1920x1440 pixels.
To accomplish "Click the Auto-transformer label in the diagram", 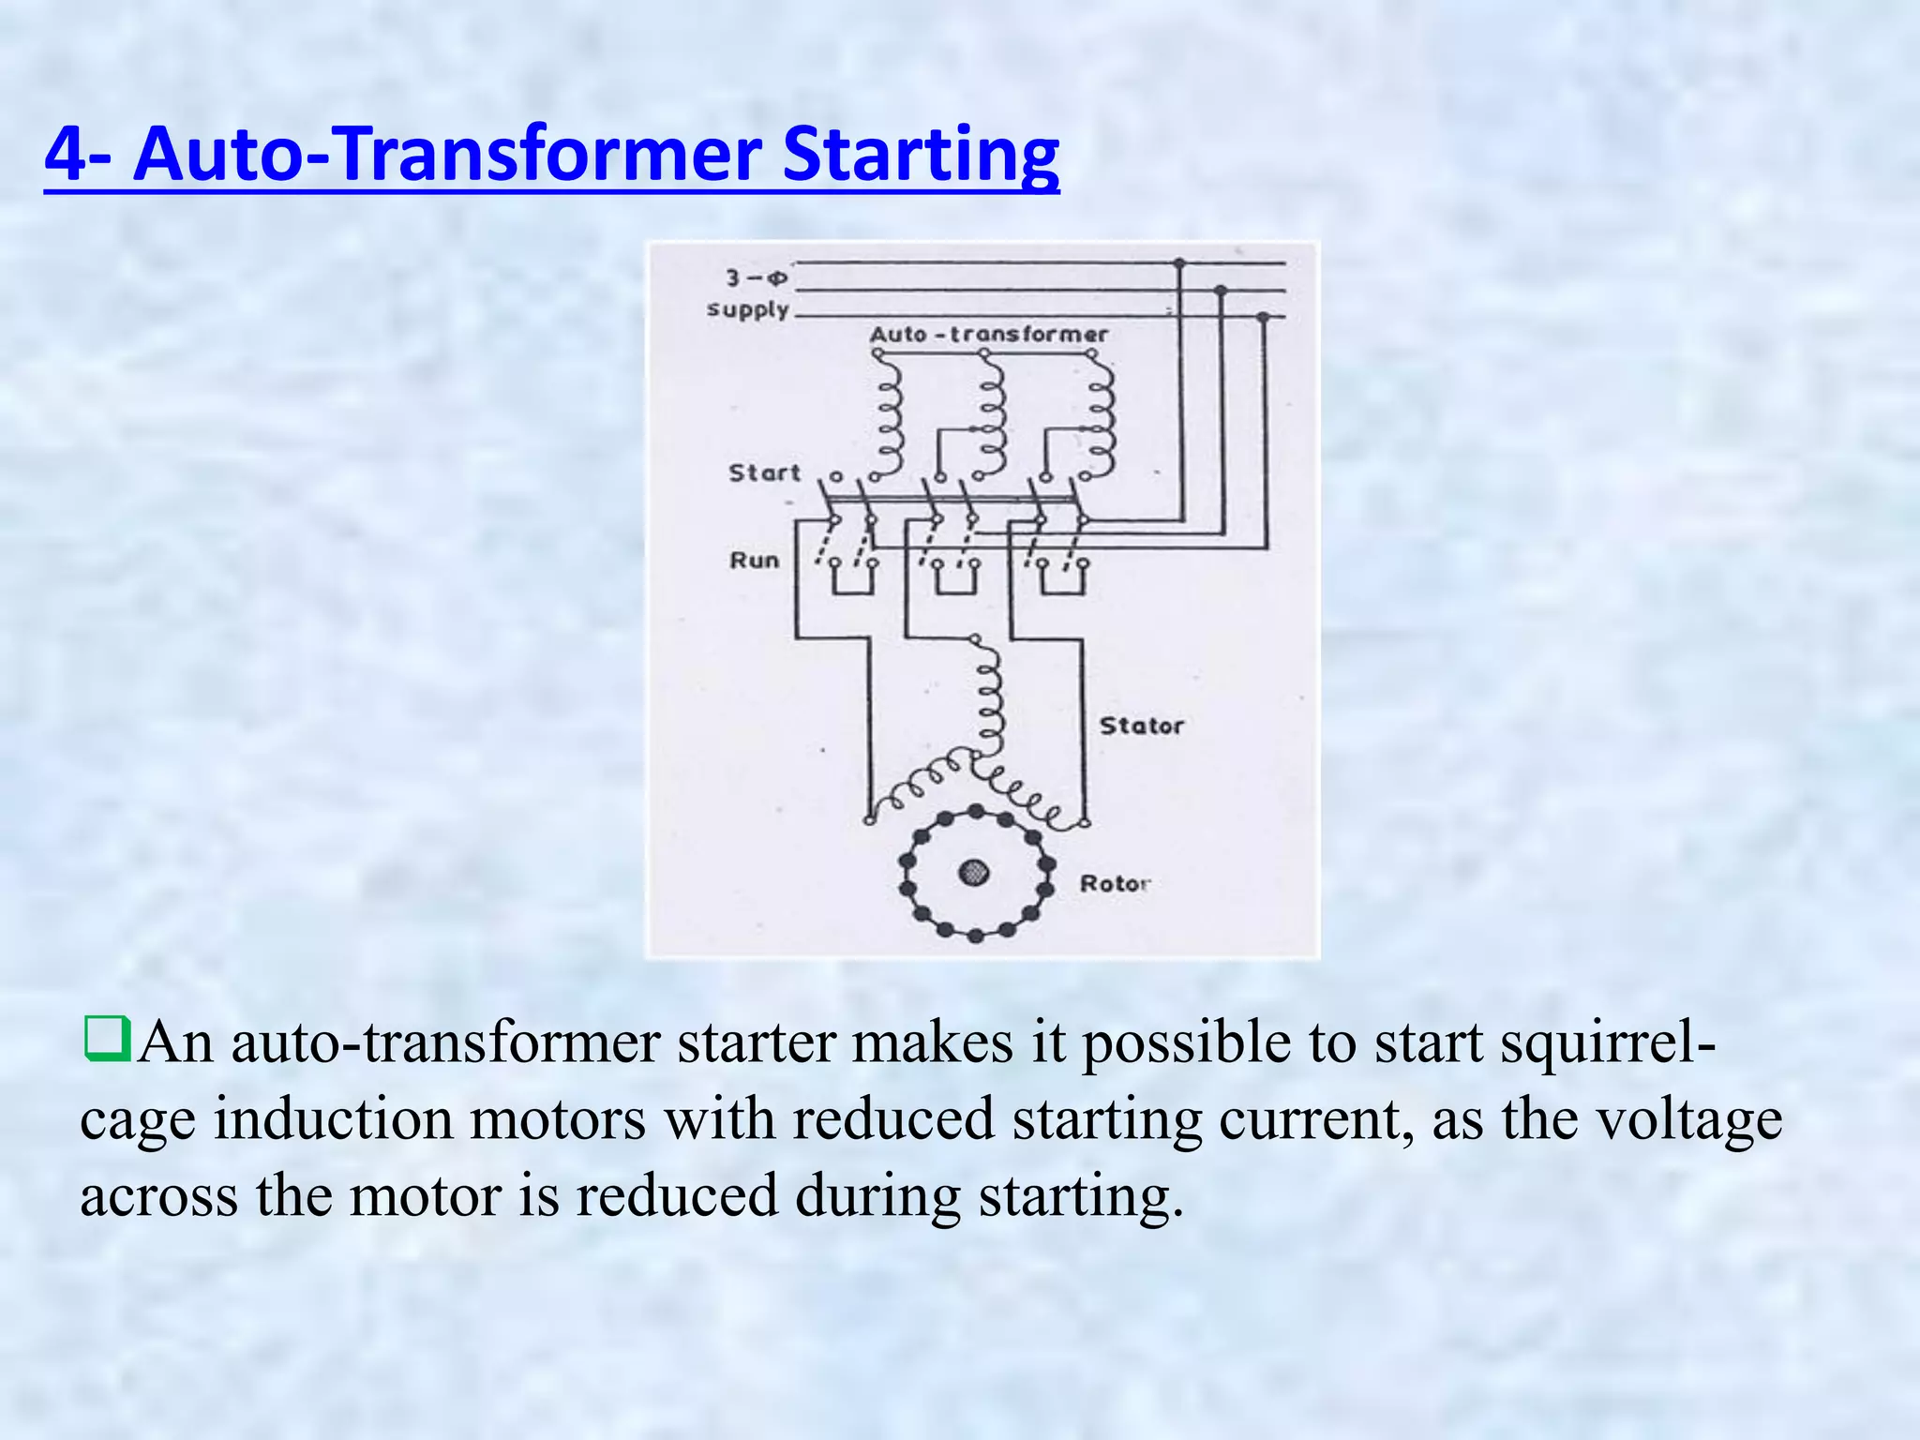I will (988, 335).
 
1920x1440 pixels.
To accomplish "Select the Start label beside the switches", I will (765, 472).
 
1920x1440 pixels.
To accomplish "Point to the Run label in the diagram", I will (755, 561).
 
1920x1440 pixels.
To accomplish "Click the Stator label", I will (1141, 726).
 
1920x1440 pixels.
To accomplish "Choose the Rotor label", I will (1114, 883).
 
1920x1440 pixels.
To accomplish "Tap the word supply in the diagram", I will (748, 309).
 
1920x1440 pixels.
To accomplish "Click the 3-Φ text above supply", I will (756, 277).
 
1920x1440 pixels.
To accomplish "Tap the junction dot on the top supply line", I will (1179, 263).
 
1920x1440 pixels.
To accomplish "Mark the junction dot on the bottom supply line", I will (1263, 318).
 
